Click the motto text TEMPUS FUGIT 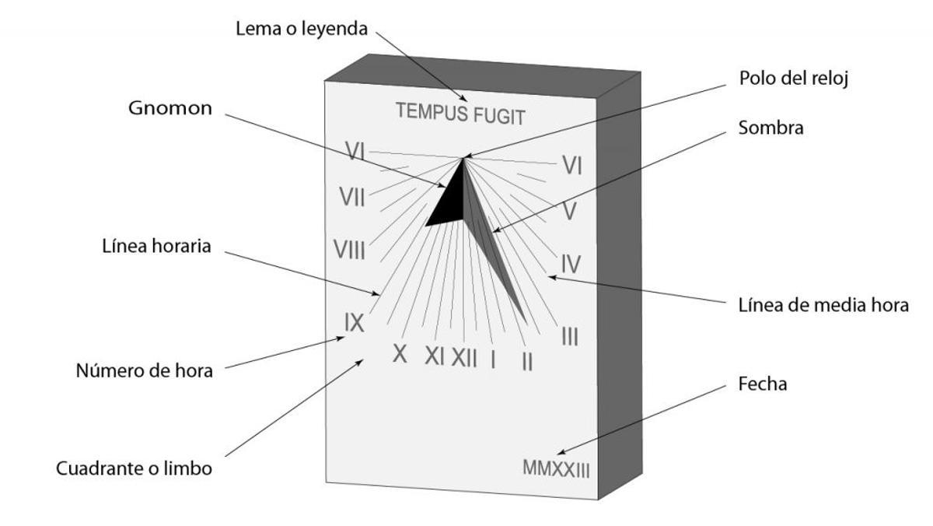coord(460,114)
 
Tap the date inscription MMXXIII coord(556,468)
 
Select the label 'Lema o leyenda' coord(300,30)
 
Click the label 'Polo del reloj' coord(789,79)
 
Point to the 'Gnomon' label coord(169,108)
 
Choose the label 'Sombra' coord(771,128)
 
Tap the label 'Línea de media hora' coord(823,304)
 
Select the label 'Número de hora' coord(144,370)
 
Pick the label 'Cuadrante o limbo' coord(134,469)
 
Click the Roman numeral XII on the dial coord(464,357)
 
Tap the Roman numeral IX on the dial coord(354,321)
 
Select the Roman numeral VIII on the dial coord(350,250)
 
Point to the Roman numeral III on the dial coord(569,337)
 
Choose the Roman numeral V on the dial coord(569,212)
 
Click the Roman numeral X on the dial coord(400,353)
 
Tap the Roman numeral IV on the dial coord(571,262)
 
